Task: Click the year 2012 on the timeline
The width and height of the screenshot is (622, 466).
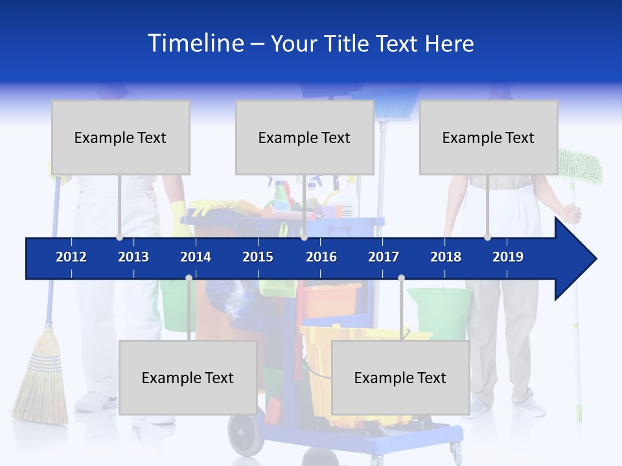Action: click(71, 257)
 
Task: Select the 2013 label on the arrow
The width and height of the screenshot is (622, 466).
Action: click(133, 257)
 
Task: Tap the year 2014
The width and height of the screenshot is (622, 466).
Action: click(196, 257)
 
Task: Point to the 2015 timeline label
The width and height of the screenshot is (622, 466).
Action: click(258, 257)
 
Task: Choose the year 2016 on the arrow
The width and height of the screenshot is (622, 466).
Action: click(321, 257)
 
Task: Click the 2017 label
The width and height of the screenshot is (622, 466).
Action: click(384, 257)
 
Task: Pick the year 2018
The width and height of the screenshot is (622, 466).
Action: click(446, 257)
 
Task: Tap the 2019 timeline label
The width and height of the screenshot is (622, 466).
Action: click(508, 257)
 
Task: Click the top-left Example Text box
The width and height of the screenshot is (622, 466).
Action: click(121, 137)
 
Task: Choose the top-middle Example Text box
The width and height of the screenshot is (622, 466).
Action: click(305, 137)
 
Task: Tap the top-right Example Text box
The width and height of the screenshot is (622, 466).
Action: click(489, 137)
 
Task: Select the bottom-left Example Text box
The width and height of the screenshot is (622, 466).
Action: click(188, 377)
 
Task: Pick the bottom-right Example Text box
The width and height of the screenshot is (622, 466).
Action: click(400, 377)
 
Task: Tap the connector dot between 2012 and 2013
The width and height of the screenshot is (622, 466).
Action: click(119, 238)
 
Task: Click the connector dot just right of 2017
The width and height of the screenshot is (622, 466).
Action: click(401, 278)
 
